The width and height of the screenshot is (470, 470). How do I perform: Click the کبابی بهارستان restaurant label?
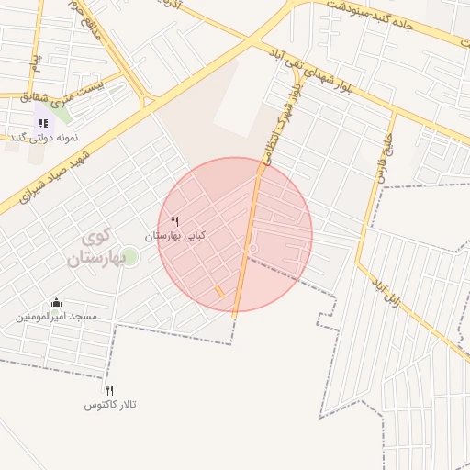(x=175, y=236)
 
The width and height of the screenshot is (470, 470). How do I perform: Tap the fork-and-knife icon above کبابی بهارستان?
(x=175, y=220)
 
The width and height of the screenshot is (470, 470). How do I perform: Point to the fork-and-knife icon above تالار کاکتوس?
(x=110, y=390)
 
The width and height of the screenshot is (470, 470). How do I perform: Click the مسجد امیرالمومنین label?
(x=56, y=317)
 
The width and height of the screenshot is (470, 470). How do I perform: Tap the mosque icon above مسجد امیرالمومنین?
(x=56, y=303)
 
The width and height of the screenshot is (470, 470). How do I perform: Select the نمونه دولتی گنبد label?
(x=44, y=137)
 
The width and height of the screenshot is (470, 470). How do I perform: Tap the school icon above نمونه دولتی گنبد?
(x=43, y=122)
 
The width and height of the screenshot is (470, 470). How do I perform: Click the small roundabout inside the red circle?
(x=254, y=249)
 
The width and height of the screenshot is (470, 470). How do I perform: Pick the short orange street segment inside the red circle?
(x=219, y=291)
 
